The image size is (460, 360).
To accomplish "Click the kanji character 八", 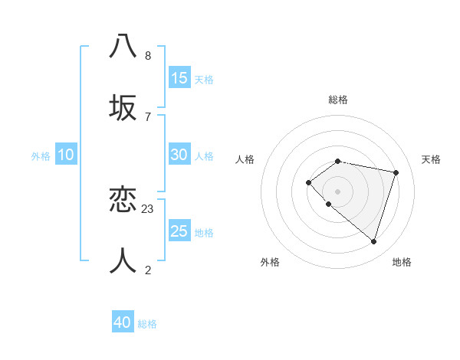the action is point(123,46).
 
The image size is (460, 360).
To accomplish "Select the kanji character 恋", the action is point(123,200).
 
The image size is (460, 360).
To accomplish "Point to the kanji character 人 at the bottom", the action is point(123,261).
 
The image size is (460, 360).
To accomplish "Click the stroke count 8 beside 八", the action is point(148,56).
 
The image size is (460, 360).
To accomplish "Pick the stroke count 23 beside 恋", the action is point(148,209).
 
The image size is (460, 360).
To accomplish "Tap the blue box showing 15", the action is point(179,78).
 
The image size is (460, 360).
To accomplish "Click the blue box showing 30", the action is point(179,155).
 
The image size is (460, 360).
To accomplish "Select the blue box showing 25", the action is point(179,231).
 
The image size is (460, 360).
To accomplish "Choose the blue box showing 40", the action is point(123,322).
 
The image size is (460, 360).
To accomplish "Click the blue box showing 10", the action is point(66,155).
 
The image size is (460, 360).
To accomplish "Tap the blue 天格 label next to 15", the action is point(204,80).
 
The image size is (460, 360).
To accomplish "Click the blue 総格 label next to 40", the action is point(147,324).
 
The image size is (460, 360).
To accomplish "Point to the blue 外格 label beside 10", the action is point(41,156).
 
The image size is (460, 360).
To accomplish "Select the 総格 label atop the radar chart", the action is point(338,100).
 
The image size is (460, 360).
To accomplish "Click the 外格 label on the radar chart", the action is point(270,262).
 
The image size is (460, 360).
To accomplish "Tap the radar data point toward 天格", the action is point(396,172).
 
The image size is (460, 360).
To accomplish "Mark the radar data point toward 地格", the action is point(373,242).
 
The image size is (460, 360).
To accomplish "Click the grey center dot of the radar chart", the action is point(338,191).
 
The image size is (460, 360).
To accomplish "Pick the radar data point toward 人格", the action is point(308,182).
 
